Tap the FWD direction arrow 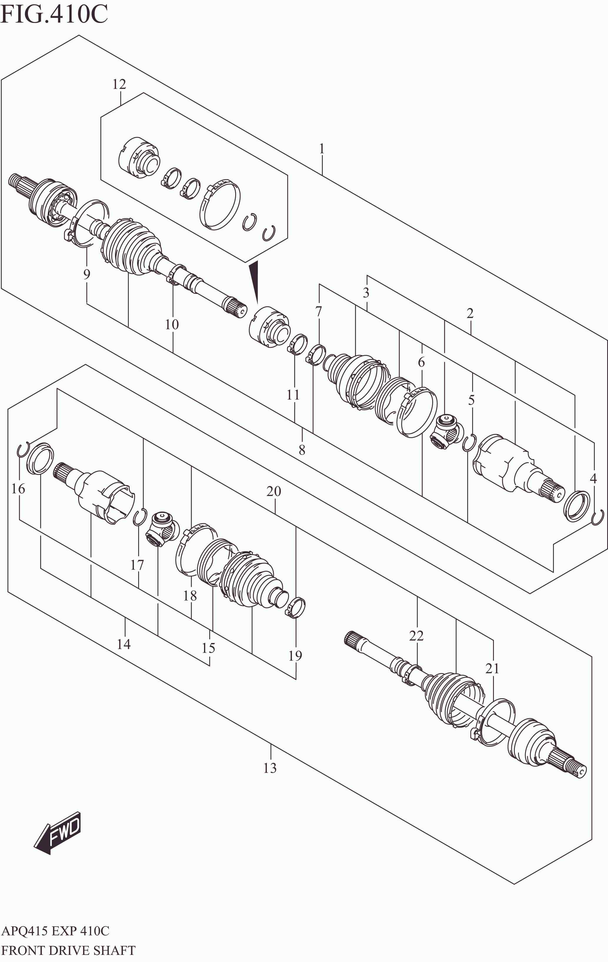click(x=58, y=833)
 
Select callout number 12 click(x=119, y=84)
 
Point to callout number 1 click(x=322, y=149)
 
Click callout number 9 click(x=87, y=274)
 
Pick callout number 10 click(x=172, y=324)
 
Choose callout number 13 click(x=270, y=767)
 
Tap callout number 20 click(x=274, y=491)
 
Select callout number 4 click(x=593, y=478)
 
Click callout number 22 click(x=416, y=635)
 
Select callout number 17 click(x=137, y=565)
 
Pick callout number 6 click(x=421, y=362)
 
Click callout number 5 click(x=471, y=400)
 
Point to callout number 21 click(x=492, y=668)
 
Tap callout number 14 click(x=124, y=644)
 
